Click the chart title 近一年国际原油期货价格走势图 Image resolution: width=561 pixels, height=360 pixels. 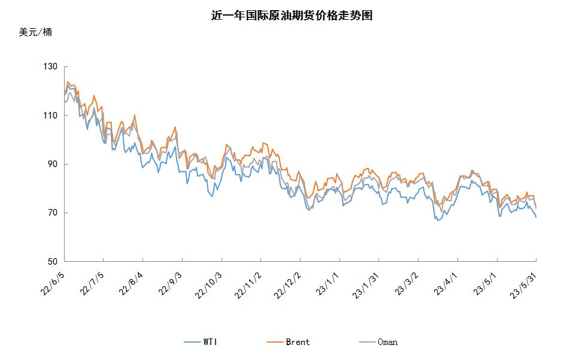tap(292, 16)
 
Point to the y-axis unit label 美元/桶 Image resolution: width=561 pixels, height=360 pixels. tap(35, 32)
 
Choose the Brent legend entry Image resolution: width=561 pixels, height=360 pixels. tap(290, 342)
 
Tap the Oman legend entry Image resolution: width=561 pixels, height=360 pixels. tap(380, 342)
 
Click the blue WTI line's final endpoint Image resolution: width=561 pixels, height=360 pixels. tap(536, 217)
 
